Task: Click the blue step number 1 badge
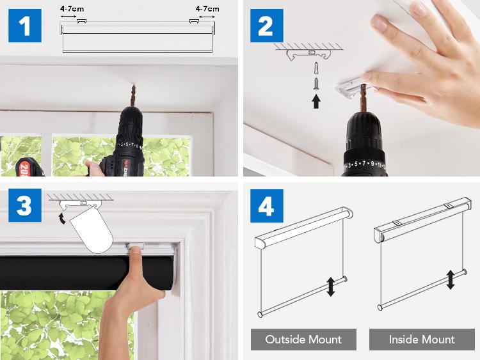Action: click(x=25, y=26)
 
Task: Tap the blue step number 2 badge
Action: click(x=266, y=26)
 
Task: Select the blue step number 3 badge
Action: click(x=25, y=207)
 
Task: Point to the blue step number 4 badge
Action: click(x=266, y=207)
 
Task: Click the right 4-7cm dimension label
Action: click(x=207, y=9)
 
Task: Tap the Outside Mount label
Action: click(x=303, y=339)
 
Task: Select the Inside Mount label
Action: click(x=422, y=339)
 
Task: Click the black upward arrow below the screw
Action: click(x=316, y=100)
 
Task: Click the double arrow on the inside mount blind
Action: click(x=451, y=279)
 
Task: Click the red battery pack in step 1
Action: click(x=28, y=165)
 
